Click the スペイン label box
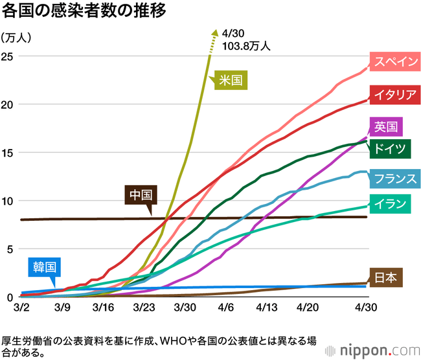click(x=395, y=62)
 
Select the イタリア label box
click(x=395, y=95)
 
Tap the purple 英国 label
click(x=386, y=127)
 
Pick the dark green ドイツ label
click(x=390, y=149)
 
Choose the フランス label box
click(x=395, y=179)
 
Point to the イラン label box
click(x=390, y=204)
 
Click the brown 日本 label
click(x=386, y=277)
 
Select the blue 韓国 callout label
click(x=45, y=267)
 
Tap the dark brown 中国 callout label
click(x=141, y=195)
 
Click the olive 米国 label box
click(x=231, y=80)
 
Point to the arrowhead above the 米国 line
click(x=215, y=32)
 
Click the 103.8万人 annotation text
click(x=246, y=46)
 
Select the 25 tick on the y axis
click(x=7, y=56)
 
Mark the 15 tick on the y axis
click(x=7, y=153)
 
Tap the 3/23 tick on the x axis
click(x=144, y=307)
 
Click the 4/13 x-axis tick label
click(x=267, y=307)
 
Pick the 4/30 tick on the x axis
click(x=366, y=307)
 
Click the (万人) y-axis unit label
click(x=16, y=38)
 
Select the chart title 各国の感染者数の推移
click(x=84, y=11)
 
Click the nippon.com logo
click(x=372, y=350)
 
